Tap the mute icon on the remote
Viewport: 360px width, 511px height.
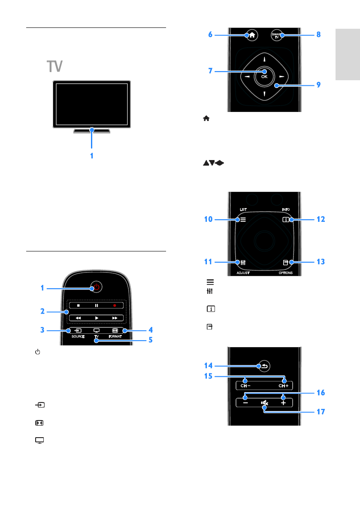point(264,403)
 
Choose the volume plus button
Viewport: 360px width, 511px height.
point(283,403)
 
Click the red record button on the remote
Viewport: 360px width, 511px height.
point(115,306)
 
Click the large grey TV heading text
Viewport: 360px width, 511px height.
point(55,67)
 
